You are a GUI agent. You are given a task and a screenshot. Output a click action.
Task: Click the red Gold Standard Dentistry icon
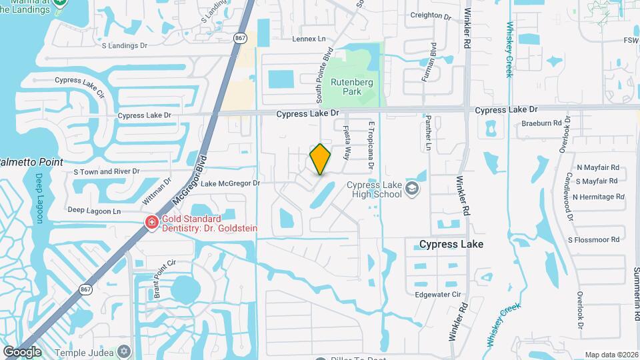tap(152, 223)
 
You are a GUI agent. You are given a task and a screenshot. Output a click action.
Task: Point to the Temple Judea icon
tap(123, 351)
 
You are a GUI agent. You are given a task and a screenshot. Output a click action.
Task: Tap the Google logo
tap(22, 351)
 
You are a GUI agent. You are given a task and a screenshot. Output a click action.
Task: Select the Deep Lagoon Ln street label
tap(95, 211)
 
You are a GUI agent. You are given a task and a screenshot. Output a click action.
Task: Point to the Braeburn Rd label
tap(523, 123)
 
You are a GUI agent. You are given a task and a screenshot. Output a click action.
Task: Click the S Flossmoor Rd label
tap(595, 239)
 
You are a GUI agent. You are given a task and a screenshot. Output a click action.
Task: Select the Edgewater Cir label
tap(438, 294)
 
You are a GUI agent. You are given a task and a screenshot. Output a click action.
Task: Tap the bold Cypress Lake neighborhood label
tap(451, 245)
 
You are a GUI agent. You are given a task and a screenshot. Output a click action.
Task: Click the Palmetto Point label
tap(31, 162)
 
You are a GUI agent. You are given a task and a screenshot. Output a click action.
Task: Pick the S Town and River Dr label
tap(107, 171)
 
